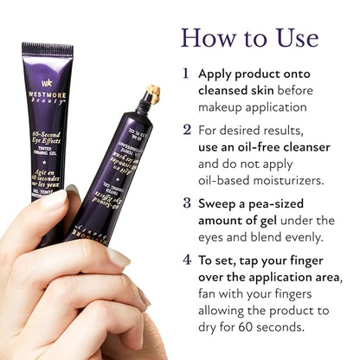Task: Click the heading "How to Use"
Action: coord(249,37)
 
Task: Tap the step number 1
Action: coord(186,74)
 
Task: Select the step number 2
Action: coord(186,129)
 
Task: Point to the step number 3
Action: coord(186,204)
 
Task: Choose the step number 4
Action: coord(186,259)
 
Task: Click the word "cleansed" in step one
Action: coord(228,90)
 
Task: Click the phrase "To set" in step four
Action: coord(220,259)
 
